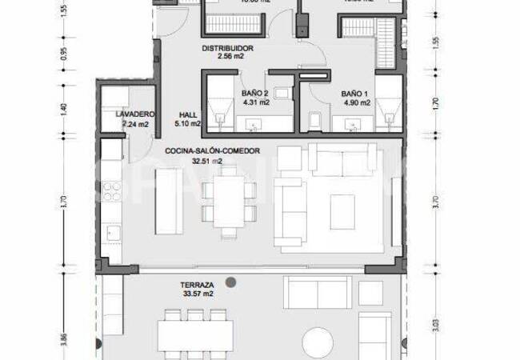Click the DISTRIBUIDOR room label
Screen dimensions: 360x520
[x=228, y=48]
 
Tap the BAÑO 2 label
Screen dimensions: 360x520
[x=255, y=93]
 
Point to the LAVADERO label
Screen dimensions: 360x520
[x=134, y=114]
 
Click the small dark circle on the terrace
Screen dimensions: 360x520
[x=231, y=281]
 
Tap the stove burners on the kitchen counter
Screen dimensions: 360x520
[x=112, y=192]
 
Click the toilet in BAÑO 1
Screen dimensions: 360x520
[x=315, y=121]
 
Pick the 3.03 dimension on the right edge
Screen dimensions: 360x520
[x=435, y=324]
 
